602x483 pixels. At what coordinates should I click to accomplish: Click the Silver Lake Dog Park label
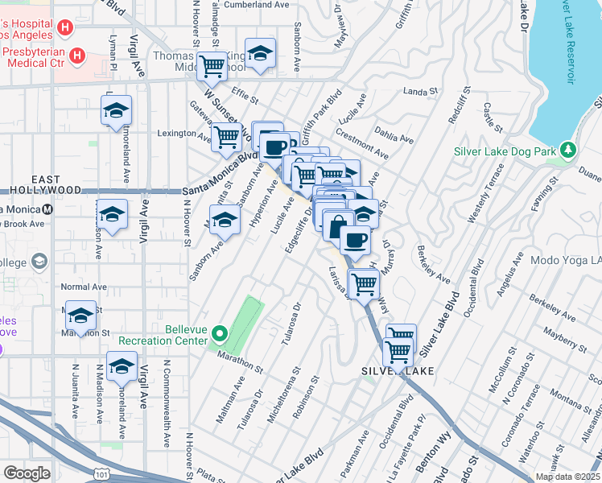[505, 151]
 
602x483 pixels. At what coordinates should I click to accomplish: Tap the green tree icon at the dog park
[569, 150]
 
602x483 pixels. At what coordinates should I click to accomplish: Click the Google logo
[27, 473]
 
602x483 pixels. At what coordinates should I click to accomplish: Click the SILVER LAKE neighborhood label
[398, 370]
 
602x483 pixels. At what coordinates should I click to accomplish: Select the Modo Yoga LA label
[567, 262]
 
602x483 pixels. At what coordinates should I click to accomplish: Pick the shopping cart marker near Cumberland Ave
[212, 66]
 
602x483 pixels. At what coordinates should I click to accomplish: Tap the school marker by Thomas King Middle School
[260, 53]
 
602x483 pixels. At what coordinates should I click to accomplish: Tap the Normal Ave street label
[84, 287]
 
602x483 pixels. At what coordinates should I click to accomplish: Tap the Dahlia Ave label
[394, 134]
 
